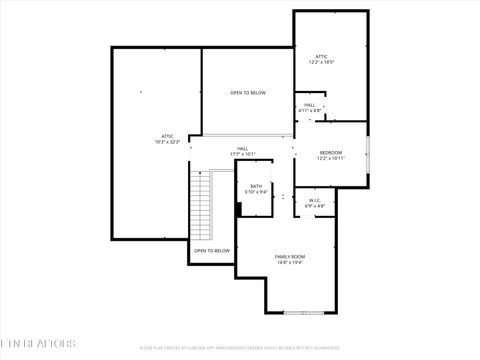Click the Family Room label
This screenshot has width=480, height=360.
[x=290, y=257]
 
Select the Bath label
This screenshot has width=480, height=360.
[x=256, y=186]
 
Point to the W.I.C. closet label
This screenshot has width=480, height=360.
[x=314, y=201]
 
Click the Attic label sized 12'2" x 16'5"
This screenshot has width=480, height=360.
[x=321, y=56]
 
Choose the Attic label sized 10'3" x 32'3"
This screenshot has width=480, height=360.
[x=166, y=136]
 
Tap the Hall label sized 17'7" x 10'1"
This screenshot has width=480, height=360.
[x=243, y=148]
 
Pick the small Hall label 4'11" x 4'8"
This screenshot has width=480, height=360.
[x=310, y=105]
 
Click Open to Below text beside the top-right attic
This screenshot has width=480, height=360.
[x=248, y=93]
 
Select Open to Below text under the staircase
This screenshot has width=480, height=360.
[x=212, y=251]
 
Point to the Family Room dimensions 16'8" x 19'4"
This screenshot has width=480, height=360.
[x=290, y=264]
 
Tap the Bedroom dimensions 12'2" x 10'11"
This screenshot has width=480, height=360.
[x=331, y=159]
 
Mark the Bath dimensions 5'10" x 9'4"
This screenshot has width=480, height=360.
[x=256, y=192]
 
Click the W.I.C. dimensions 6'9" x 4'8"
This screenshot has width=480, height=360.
[x=314, y=207]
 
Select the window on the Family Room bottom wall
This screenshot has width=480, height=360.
[x=297, y=312]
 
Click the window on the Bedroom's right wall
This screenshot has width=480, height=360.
[x=367, y=154]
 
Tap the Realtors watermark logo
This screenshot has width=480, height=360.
[x=37, y=343]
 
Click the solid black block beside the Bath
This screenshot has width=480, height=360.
[x=238, y=209]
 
